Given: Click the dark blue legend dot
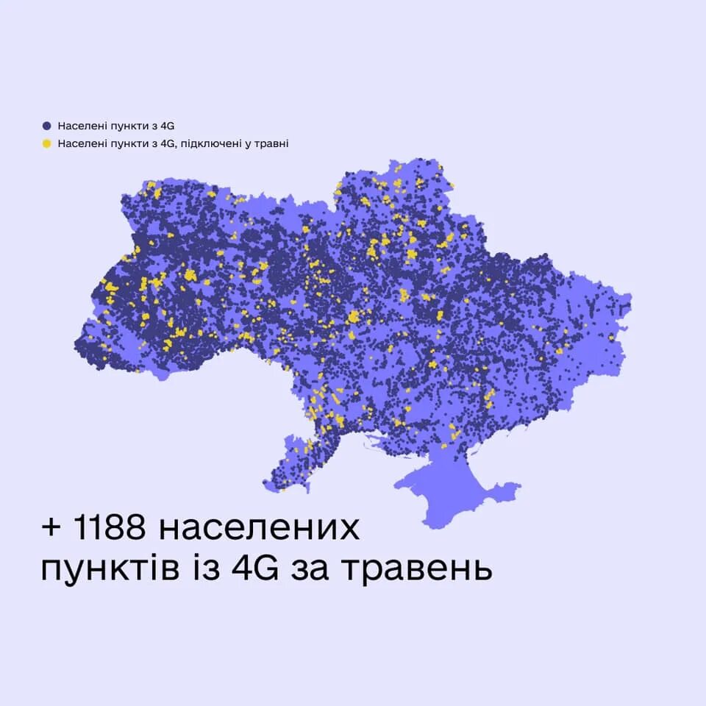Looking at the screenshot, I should coord(47,126).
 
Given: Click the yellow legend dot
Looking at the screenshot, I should coord(47,143).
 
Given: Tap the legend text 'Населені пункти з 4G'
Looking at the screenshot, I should coord(115,126).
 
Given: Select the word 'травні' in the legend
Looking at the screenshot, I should coord(274,143).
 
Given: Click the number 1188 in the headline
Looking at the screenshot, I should coord(109,529).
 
